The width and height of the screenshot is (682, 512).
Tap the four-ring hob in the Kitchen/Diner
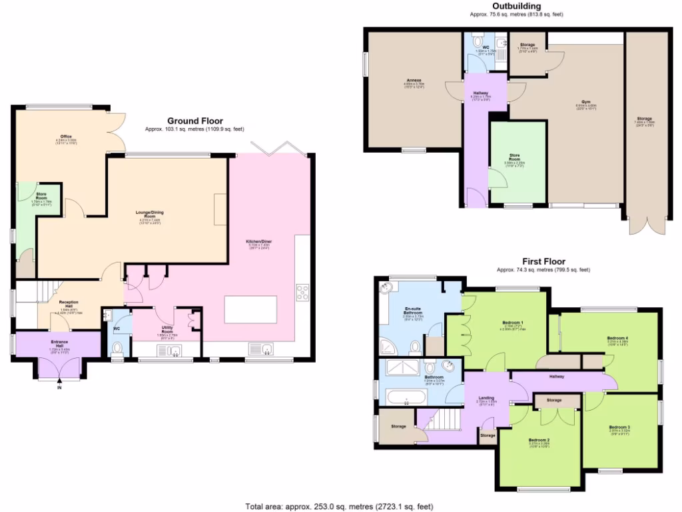tap(302, 292)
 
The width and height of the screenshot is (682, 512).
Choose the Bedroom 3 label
tap(619, 427)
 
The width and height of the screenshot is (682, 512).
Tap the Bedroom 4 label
tap(617, 338)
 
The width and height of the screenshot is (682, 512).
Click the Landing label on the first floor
tap(486, 398)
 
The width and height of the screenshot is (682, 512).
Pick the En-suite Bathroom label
tap(414, 311)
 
